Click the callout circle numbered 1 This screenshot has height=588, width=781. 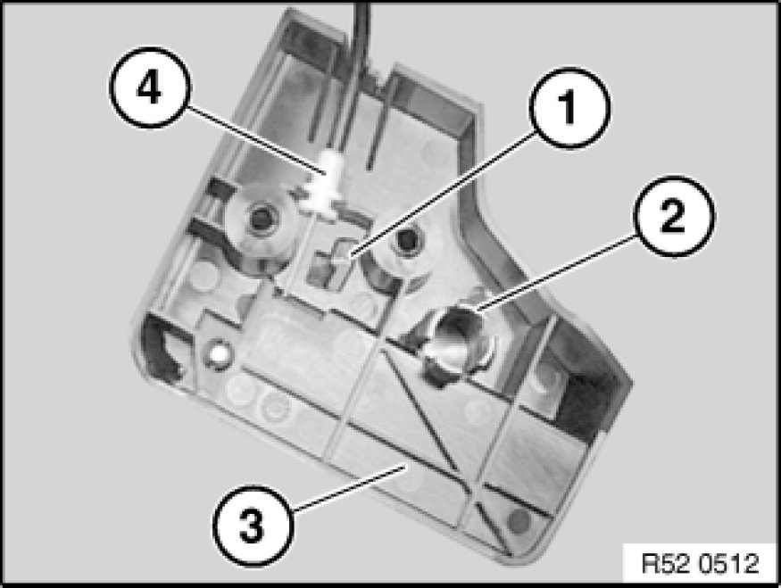click(569, 108)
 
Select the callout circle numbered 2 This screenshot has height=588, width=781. click(674, 216)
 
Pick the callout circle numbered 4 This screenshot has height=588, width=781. click(150, 87)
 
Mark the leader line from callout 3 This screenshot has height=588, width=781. click(349, 488)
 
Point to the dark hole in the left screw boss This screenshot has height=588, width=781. click(260, 218)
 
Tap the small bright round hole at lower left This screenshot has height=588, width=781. click(218, 353)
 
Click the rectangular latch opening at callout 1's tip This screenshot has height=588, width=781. click(330, 263)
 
